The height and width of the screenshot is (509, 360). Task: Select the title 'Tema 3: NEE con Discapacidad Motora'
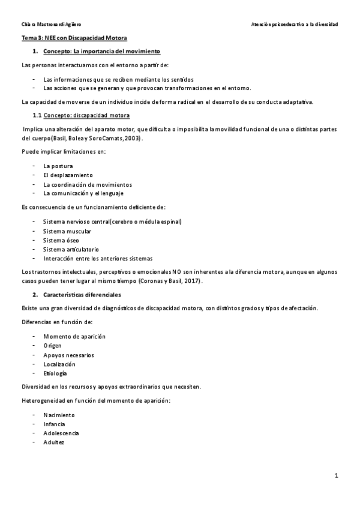point(62,38)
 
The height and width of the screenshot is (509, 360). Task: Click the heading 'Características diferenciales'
point(82,295)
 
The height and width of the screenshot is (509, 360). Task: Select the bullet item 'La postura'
point(58,165)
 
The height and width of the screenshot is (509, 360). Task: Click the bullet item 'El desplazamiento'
point(68,175)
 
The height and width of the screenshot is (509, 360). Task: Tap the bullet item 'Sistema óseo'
point(61,240)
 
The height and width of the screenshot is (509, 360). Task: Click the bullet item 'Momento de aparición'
point(74,336)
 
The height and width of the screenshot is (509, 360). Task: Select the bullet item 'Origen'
point(52,346)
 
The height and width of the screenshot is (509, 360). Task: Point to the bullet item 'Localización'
point(59,364)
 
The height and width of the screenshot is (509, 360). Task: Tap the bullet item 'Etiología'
point(55,373)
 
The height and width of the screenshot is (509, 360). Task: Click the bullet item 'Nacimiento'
point(59,415)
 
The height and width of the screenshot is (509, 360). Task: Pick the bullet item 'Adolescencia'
point(61,433)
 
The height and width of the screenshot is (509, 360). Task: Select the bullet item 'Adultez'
point(53,442)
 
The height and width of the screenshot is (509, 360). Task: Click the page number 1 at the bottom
point(337,476)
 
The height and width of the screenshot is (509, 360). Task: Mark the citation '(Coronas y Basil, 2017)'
point(171,281)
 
